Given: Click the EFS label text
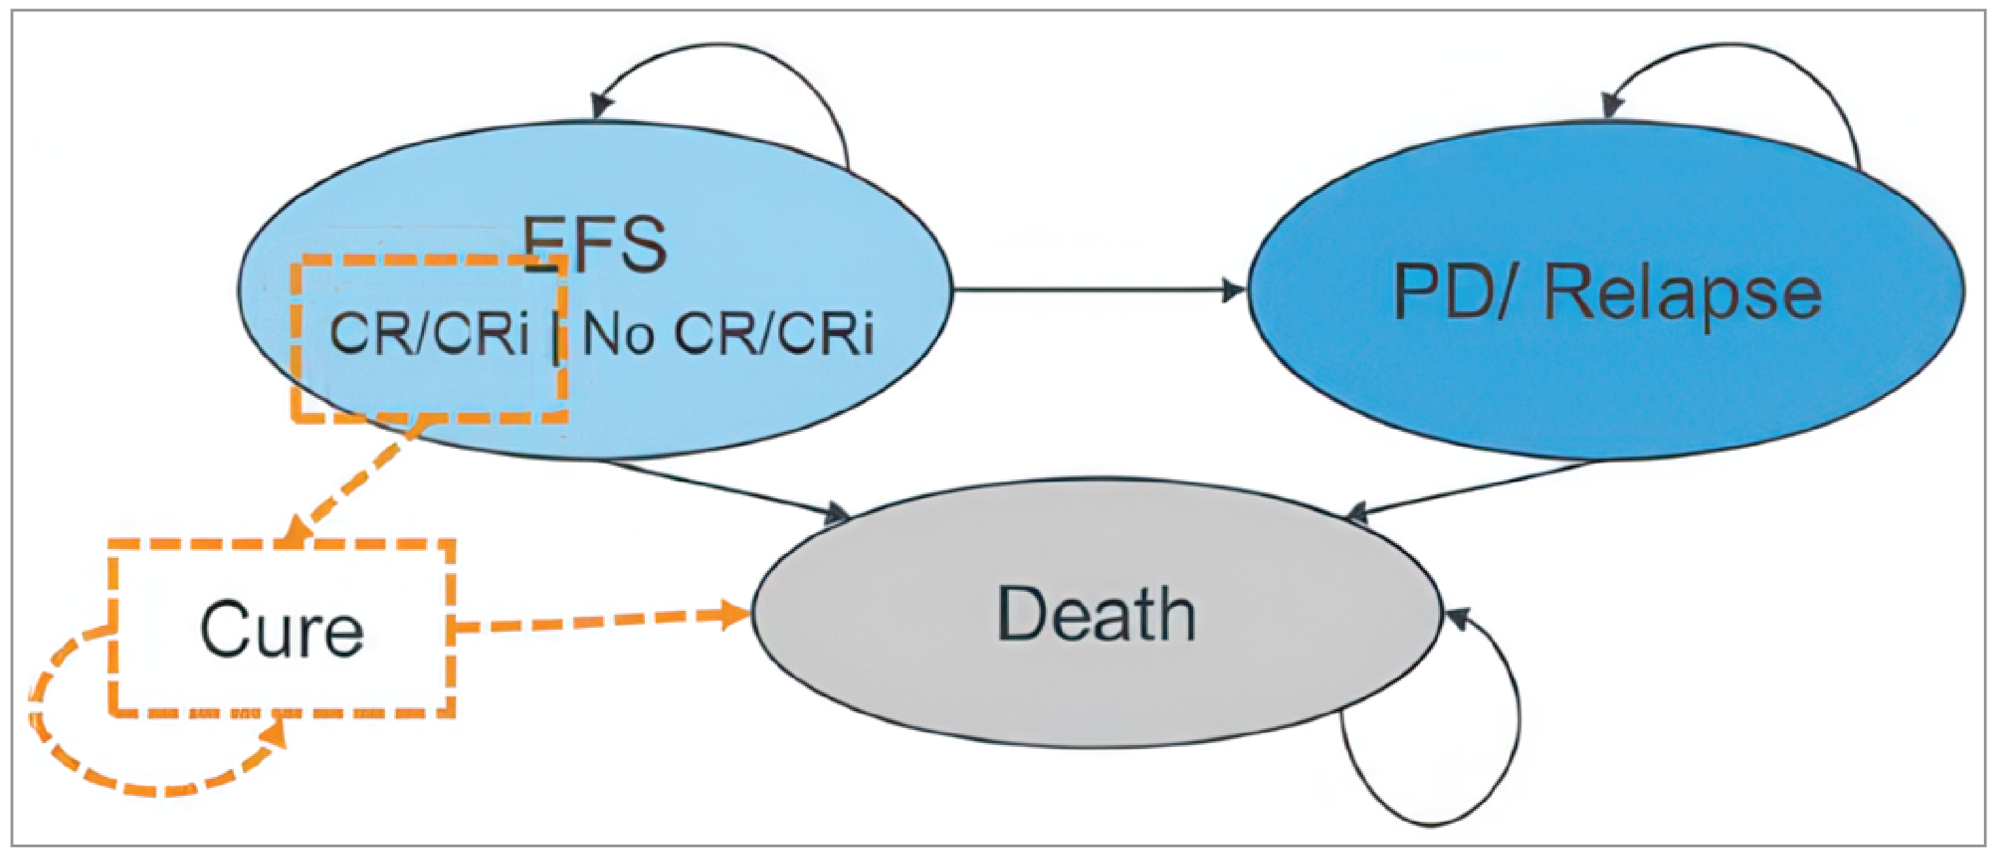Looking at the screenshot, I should [x=594, y=244].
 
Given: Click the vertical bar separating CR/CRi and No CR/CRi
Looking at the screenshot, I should [x=556, y=337].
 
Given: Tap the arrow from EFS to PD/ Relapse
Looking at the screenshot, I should [x=1099, y=291].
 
